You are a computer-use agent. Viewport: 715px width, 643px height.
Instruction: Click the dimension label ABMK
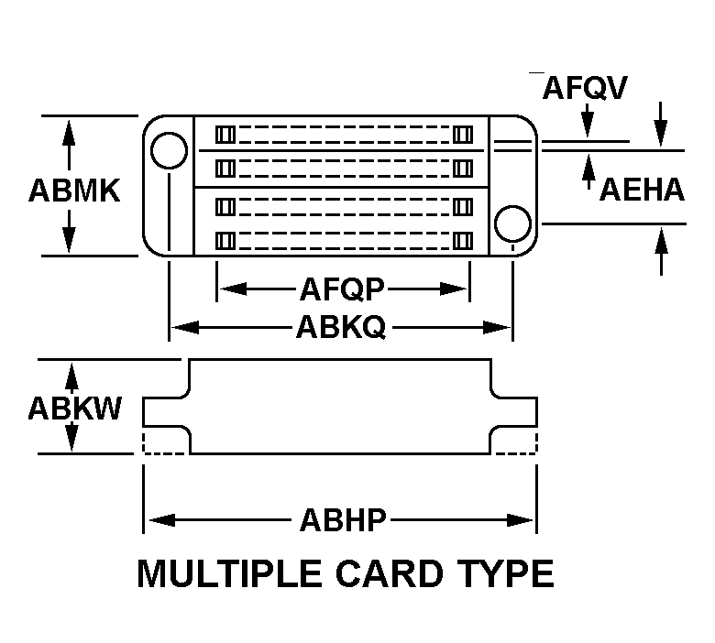(x=74, y=191)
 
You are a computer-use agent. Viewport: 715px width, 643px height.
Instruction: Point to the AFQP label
(x=343, y=289)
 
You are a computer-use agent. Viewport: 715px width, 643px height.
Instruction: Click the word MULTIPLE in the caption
(x=235, y=573)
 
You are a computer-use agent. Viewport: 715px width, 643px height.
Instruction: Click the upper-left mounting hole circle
(x=169, y=150)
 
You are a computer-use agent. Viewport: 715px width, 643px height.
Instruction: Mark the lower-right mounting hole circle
(x=511, y=223)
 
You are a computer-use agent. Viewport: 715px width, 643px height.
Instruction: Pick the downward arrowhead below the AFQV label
(x=587, y=127)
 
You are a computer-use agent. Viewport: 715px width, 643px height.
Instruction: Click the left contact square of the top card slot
(x=223, y=135)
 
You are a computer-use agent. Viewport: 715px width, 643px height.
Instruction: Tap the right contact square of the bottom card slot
(x=462, y=240)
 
